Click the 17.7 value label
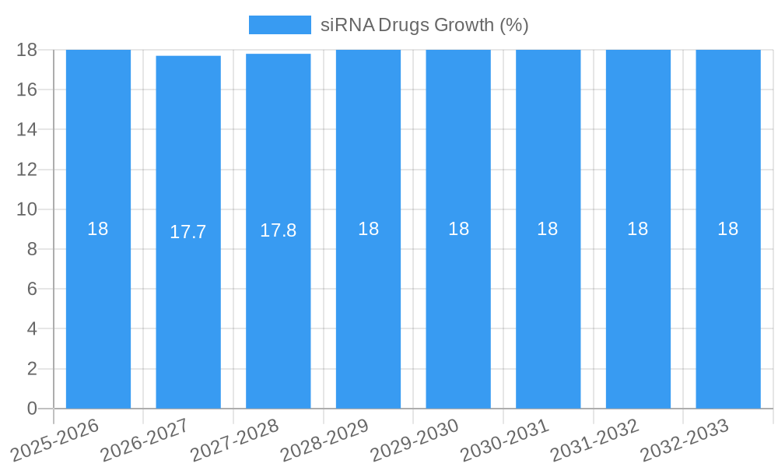188,232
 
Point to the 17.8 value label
278,230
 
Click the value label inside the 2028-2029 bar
368,229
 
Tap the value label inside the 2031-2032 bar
638,229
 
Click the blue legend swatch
279,25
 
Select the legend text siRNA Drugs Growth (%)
425,25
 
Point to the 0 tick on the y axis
32,409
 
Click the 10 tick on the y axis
27,209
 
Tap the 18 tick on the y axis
27,50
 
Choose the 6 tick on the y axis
32,289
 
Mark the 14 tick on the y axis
27,129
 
